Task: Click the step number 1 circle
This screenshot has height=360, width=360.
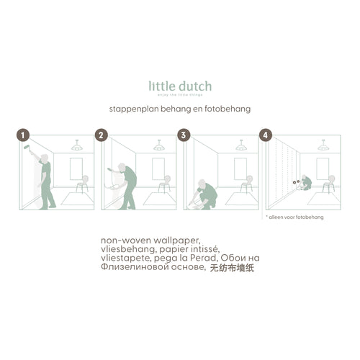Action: [x=24, y=135]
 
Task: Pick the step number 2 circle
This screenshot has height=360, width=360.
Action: [x=102, y=135]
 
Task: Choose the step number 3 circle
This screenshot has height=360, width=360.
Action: [x=184, y=135]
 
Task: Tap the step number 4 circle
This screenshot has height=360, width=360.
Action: [x=266, y=135]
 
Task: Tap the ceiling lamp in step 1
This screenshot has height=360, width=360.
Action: [x=76, y=146]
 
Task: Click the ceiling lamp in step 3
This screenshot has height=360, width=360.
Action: [x=240, y=146]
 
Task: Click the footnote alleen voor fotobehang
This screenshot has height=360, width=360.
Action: [x=297, y=215]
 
